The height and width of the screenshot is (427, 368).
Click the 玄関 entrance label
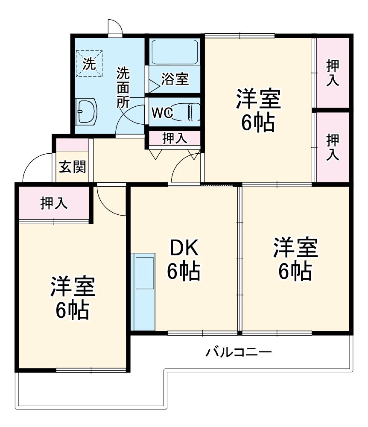pyautogui.click(x=72, y=167)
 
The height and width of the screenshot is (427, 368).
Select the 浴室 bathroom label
pyautogui.click(x=175, y=79)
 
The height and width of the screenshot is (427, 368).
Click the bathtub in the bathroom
pyautogui.click(x=175, y=53)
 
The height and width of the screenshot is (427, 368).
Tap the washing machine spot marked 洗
pyautogui.click(x=90, y=64)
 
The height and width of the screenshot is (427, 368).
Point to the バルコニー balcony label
pyautogui.click(x=239, y=353)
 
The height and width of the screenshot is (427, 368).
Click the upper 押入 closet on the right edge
pyautogui.click(x=333, y=73)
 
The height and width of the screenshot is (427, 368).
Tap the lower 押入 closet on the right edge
pyautogui.click(x=333, y=148)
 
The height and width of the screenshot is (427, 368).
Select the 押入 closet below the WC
pyautogui.click(x=175, y=138)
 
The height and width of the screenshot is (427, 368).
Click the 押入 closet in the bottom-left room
pyautogui.click(x=54, y=204)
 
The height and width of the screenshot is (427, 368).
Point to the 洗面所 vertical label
pyautogui.click(x=123, y=87)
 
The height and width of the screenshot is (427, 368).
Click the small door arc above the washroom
pyautogui.click(x=115, y=27)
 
